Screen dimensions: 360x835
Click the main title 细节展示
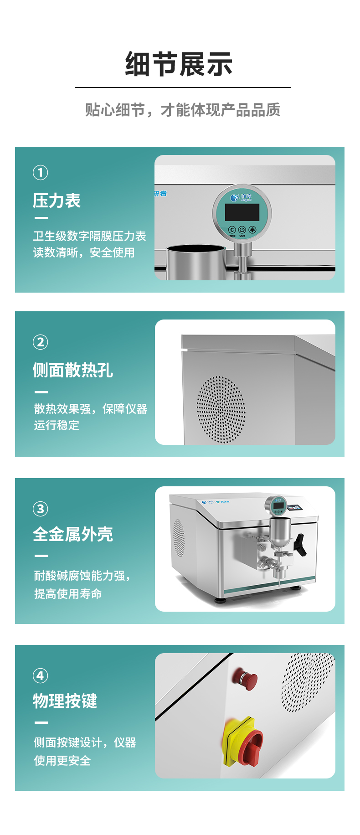pos(179,64)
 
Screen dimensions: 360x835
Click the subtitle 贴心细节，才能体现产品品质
pos(183,110)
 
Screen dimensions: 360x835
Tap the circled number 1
pos(40,173)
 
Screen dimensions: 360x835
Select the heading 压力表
pos(57,201)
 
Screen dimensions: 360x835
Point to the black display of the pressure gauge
pos(242,212)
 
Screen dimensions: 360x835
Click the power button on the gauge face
pos(242,230)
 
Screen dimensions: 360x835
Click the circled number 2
pos(40,342)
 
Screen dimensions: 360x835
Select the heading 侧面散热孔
pos(73,370)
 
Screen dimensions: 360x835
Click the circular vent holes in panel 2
pos(221,410)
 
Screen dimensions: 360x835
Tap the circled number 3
pos(40,509)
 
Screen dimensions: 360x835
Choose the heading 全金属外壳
pos(73,534)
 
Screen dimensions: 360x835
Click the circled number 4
pos(40,675)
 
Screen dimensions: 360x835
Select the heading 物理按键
pos(65,701)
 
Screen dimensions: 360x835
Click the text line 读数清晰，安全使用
pos(84,253)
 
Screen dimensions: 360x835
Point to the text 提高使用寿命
pos(68,594)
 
